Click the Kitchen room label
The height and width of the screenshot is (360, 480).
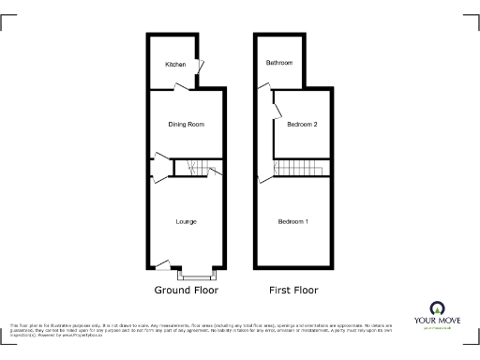click(x=175, y=65)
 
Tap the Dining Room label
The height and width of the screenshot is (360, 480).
click(x=185, y=125)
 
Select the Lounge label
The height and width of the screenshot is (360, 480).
click(x=185, y=222)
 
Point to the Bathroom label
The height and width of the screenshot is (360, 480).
click(x=278, y=63)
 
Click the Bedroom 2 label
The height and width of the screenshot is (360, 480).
click(x=302, y=125)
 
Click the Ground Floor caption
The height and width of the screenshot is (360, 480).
click(x=186, y=291)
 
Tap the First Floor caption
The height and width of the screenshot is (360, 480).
click(x=293, y=291)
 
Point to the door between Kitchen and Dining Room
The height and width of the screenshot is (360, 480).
click(x=181, y=87)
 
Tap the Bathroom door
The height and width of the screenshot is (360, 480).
click(x=262, y=87)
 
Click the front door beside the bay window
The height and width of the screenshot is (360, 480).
click(x=162, y=265)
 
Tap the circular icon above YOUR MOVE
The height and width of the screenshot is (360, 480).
click(x=435, y=307)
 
